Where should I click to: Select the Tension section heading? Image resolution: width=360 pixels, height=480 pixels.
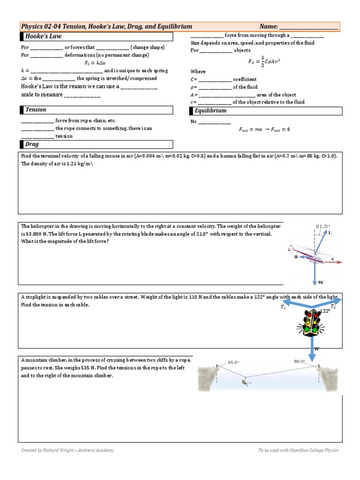coord(36,110)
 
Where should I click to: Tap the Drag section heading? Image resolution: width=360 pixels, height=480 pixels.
coord(32,144)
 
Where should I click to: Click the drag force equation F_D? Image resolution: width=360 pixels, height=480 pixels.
coord(264,62)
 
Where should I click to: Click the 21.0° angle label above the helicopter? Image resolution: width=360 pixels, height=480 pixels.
coord(322,226)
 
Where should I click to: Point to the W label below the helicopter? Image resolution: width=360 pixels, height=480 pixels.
coord(320,283)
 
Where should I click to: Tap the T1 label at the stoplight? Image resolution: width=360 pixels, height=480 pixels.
coord(283,307)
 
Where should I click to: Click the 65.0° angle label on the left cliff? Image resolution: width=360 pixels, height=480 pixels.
coord(233,362)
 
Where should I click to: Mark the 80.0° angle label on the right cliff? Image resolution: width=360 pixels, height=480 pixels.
coord(300,361)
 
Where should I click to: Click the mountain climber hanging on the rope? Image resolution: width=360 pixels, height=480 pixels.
coord(245,382)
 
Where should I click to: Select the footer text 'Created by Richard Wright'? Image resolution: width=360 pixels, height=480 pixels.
coord(67,450)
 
